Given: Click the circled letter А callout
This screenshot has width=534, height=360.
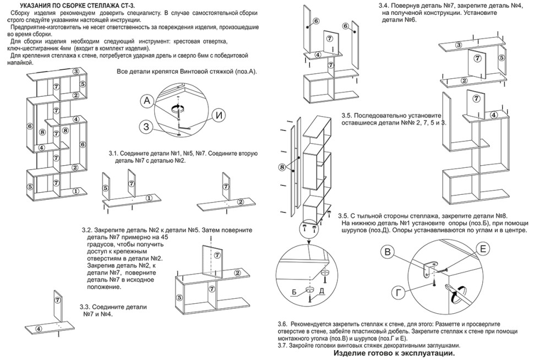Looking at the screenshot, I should [146, 101].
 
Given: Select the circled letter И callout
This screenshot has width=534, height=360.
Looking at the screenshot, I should [219, 116].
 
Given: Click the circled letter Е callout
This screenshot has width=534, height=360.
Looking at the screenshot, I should [482, 249].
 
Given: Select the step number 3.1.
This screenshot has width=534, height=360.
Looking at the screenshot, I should [114, 153].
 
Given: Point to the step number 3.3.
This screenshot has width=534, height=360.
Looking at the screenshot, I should [85, 307].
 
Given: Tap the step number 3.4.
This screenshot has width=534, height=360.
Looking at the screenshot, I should [385, 5].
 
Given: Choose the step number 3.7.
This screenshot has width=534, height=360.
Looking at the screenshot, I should [284, 346].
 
